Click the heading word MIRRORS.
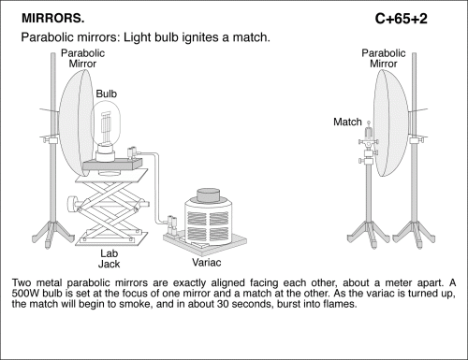53,19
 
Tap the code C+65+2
402,19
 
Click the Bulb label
107,94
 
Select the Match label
347,122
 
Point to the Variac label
207,263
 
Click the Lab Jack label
110,259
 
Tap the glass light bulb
107,124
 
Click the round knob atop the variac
208,195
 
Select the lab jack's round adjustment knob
72,204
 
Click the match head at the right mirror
369,122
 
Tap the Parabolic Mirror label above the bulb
82,58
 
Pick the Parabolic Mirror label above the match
384,58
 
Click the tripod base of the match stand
369,235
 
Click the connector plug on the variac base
172,225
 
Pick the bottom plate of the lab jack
111,238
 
